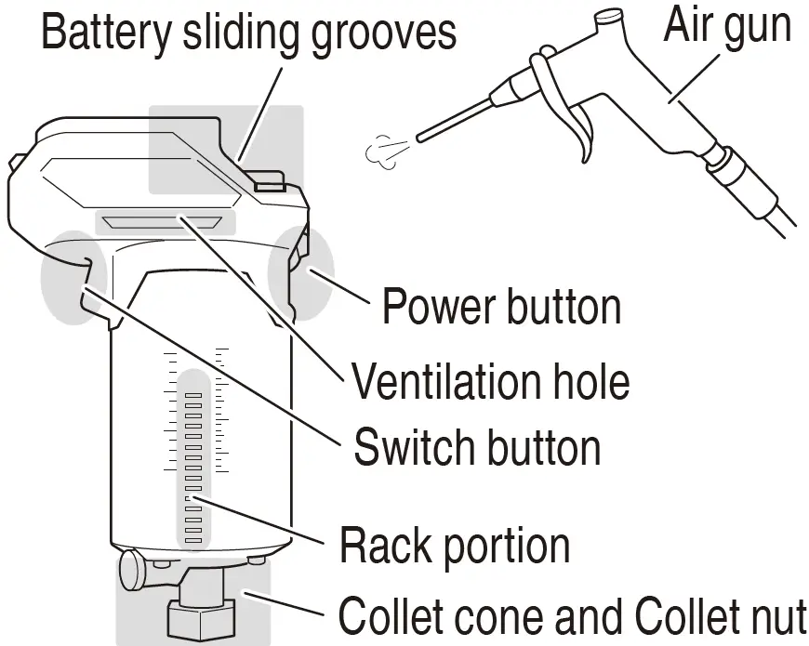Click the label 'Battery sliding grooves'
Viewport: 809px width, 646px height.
tap(249, 33)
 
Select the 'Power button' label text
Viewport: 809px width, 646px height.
tap(501, 305)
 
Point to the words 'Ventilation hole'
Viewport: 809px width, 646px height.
tap(489, 380)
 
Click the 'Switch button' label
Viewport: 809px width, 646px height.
tap(476, 447)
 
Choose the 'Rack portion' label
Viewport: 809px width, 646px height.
tap(454, 545)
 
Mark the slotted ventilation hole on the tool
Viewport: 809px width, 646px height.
tap(164, 221)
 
